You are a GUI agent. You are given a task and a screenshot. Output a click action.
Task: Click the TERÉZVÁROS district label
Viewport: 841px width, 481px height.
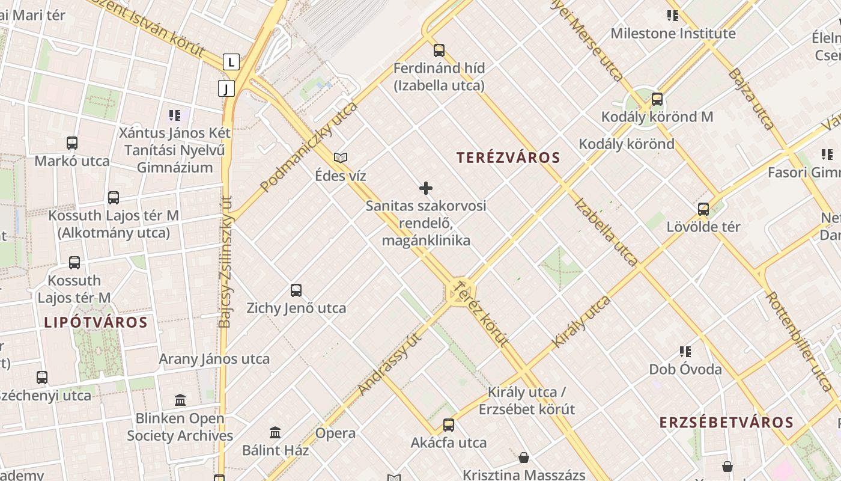coord(508,158)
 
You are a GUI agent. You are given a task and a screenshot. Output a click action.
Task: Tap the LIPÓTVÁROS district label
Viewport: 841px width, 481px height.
coord(96,322)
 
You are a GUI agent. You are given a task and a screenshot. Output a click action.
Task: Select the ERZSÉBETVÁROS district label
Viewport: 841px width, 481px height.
coord(726,423)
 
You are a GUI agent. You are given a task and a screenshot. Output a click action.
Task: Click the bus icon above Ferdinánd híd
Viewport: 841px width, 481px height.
coord(439,50)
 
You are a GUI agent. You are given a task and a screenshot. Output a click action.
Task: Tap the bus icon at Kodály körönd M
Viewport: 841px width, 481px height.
coord(657,99)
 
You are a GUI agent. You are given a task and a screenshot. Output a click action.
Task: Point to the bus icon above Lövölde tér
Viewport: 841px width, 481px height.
coord(703,209)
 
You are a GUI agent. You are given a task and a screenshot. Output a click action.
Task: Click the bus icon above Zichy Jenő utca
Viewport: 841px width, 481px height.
coord(296,290)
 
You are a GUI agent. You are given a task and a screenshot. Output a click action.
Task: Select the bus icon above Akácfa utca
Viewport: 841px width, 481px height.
coord(449,425)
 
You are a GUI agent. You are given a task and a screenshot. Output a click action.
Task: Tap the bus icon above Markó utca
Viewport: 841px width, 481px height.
coord(72,143)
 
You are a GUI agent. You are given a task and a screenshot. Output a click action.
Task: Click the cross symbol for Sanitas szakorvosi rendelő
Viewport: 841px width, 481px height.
coord(426,188)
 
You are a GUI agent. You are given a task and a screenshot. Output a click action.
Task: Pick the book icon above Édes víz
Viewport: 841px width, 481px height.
coord(341,158)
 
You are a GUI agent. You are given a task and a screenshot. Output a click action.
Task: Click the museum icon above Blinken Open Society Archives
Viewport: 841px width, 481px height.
coord(180,400)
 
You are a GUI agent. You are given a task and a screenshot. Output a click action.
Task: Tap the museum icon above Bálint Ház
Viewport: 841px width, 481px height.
coord(275,432)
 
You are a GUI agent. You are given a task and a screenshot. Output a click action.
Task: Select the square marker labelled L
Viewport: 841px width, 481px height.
coord(231,61)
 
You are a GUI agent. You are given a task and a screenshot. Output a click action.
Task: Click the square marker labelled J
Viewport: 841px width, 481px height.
coord(226,89)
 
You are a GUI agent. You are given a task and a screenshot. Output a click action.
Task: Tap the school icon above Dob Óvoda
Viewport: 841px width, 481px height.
coord(685,351)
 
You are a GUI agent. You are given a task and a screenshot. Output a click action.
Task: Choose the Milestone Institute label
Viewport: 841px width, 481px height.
coord(673,34)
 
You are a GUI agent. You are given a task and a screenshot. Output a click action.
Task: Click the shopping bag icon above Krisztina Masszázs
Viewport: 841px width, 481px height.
coord(524,458)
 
